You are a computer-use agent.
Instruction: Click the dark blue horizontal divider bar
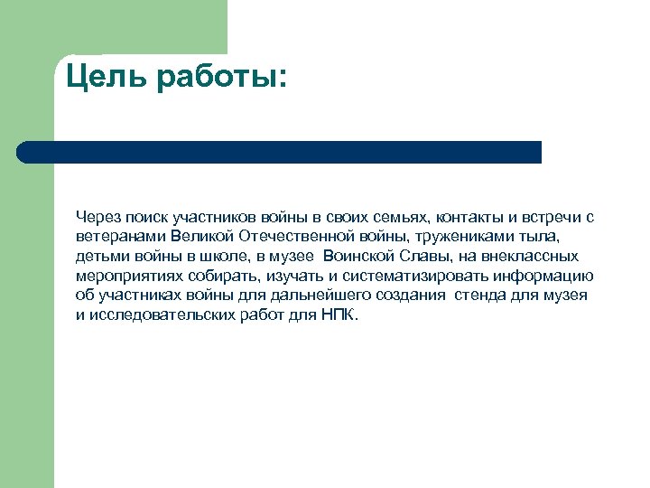(x=280, y=152)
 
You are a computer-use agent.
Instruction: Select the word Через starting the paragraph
(x=98, y=218)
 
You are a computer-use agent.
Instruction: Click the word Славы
(x=423, y=257)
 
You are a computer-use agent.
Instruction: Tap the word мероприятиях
(x=128, y=277)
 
